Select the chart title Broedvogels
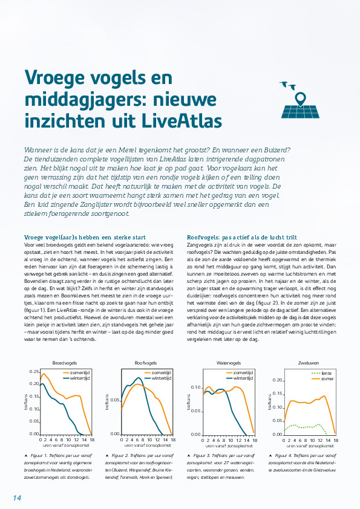pos(63,363)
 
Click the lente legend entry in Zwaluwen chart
pos(324,373)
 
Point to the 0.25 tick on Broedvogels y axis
pos(34,372)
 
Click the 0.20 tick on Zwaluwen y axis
pos(278,380)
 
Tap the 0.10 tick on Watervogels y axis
pos(196,387)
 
